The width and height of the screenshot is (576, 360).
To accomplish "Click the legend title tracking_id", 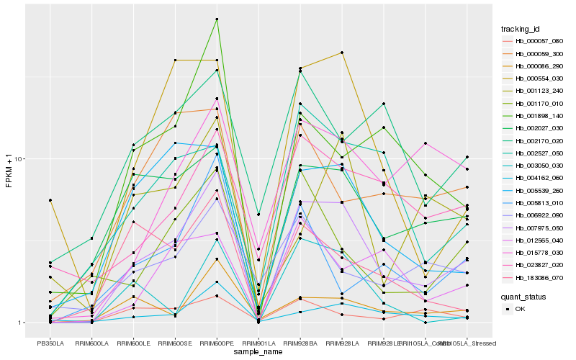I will point(521,29).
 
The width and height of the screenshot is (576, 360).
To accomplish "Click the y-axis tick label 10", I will point(19,159).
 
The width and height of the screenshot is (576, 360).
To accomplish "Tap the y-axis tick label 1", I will point(22,323).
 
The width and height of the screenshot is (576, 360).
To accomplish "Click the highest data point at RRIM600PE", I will point(217,19).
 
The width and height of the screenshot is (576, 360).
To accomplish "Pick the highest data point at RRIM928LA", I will point(341,53).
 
